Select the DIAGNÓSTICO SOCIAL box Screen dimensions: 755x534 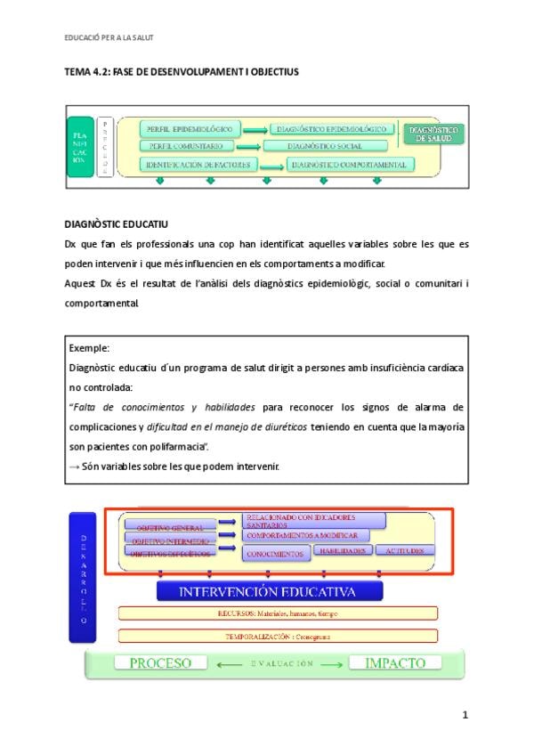tap(325, 146)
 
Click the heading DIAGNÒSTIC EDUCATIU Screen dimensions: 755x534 tap(117, 223)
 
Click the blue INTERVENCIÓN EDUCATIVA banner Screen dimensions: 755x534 tap(270, 591)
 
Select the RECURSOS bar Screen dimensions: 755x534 tap(278, 613)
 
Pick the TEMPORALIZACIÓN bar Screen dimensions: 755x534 tap(278, 637)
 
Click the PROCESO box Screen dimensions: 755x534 tap(161, 663)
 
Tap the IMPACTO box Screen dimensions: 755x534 tap(393, 663)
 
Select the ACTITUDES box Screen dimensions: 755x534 tap(405, 550)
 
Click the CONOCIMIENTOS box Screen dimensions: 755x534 tap(277, 553)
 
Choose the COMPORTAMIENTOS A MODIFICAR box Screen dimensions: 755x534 tap(302, 536)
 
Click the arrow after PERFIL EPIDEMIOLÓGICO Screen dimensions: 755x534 tap(255, 131)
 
